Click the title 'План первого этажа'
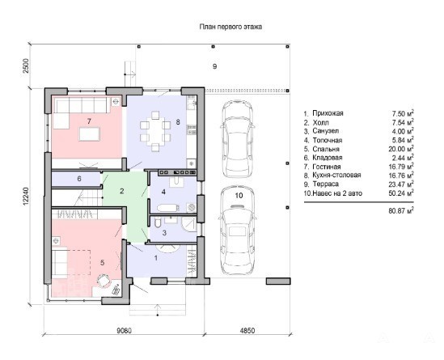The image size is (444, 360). tap(230, 27)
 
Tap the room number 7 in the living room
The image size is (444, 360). tap(89, 121)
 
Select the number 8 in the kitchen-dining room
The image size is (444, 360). tap(178, 122)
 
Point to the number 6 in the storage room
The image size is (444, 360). tap(79, 179)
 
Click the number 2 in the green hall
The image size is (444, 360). tap(122, 191)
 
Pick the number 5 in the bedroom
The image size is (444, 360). tap(102, 263)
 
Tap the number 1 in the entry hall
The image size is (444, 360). tap(156, 258)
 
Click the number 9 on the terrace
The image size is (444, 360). tap(214, 66)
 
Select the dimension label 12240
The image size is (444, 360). tap(26, 196)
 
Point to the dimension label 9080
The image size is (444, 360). tap(124, 331)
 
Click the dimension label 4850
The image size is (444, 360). tap(247, 331)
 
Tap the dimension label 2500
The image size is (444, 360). tap(26, 66)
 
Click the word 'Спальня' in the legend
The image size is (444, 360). tap(326, 150)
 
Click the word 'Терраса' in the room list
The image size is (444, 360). tap(326, 184)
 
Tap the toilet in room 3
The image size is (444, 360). tap(158, 223)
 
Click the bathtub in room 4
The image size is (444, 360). tap(168, 208)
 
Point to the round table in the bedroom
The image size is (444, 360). tap(104, 281)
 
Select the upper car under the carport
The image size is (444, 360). tap(237, 139)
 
